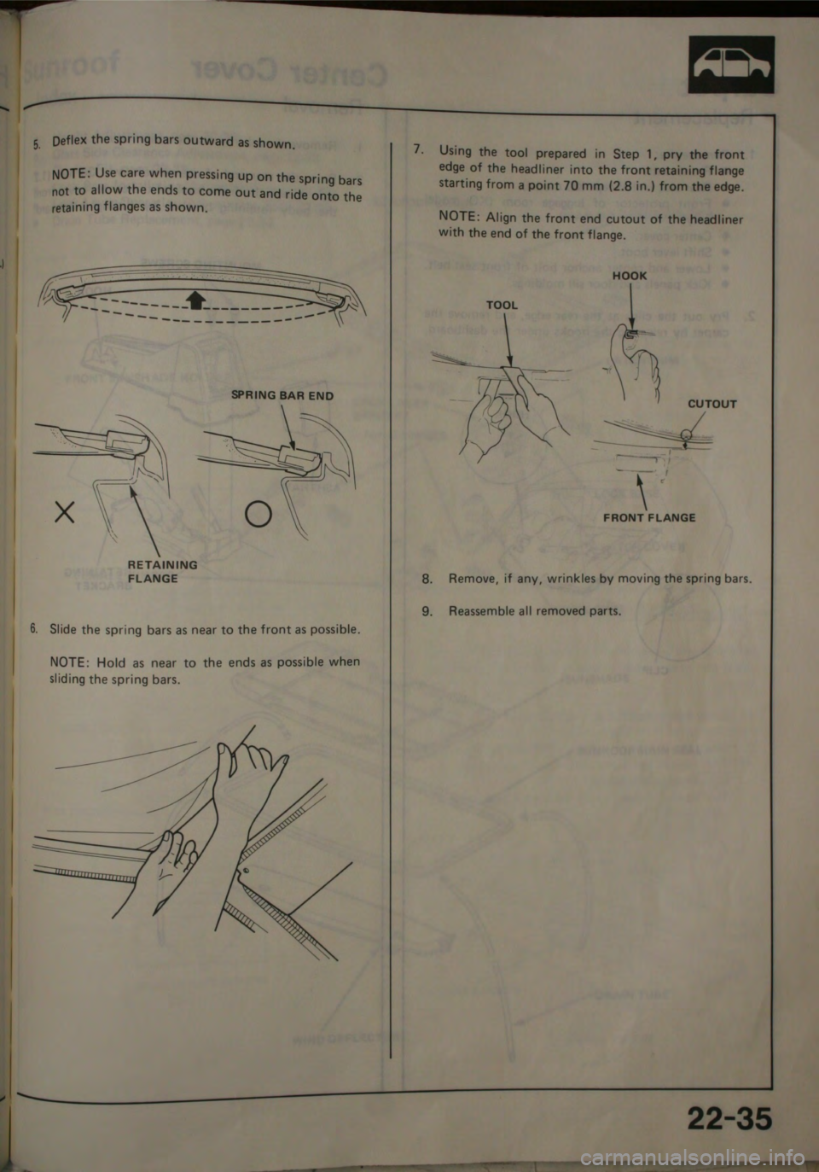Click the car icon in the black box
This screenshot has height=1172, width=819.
coord(731,65)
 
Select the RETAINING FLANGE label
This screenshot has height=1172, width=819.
coord(162,571)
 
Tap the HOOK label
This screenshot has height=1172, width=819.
coord(630,276)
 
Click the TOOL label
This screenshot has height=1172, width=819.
coord(502,305)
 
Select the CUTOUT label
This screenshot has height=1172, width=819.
coord(712,404)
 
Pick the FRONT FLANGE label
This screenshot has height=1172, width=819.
coord(649,517)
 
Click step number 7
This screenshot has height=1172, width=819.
coord(415,149)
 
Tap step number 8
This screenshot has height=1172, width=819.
coord(427,579)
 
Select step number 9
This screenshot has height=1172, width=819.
coord(427,611)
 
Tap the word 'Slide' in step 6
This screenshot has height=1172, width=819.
coord(64,630)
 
